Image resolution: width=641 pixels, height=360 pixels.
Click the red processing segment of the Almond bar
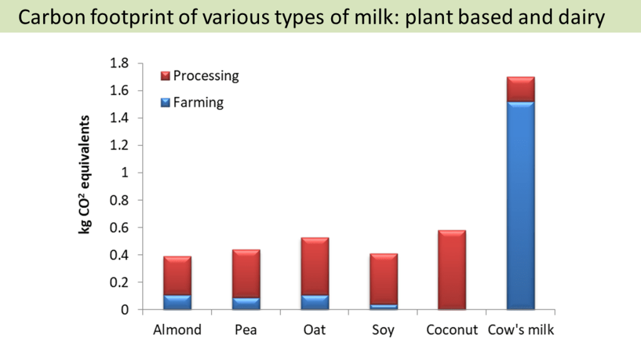click(177, 275)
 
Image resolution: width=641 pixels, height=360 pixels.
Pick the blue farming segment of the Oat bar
click(315, 302)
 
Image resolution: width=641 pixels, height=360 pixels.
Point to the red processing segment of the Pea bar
click(246, 274)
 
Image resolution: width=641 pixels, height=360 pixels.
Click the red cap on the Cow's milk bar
click(520, 89)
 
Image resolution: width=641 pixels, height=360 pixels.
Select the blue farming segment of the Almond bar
click(177, 302)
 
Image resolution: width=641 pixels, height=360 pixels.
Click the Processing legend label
click(206, 76)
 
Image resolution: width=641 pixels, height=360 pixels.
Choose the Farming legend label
click(198, 102)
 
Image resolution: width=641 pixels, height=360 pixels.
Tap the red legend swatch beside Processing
click(166, 76)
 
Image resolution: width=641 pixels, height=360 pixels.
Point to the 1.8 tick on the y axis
click(119, 63)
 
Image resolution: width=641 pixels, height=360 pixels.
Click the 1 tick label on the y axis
click(124, 173)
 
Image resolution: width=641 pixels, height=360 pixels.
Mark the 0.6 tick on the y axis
click(119, 228)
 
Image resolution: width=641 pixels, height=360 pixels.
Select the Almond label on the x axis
click(177, 329)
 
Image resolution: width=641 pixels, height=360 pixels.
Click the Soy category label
click(383, 329)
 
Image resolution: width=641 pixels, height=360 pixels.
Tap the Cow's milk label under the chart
click(520, 329)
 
